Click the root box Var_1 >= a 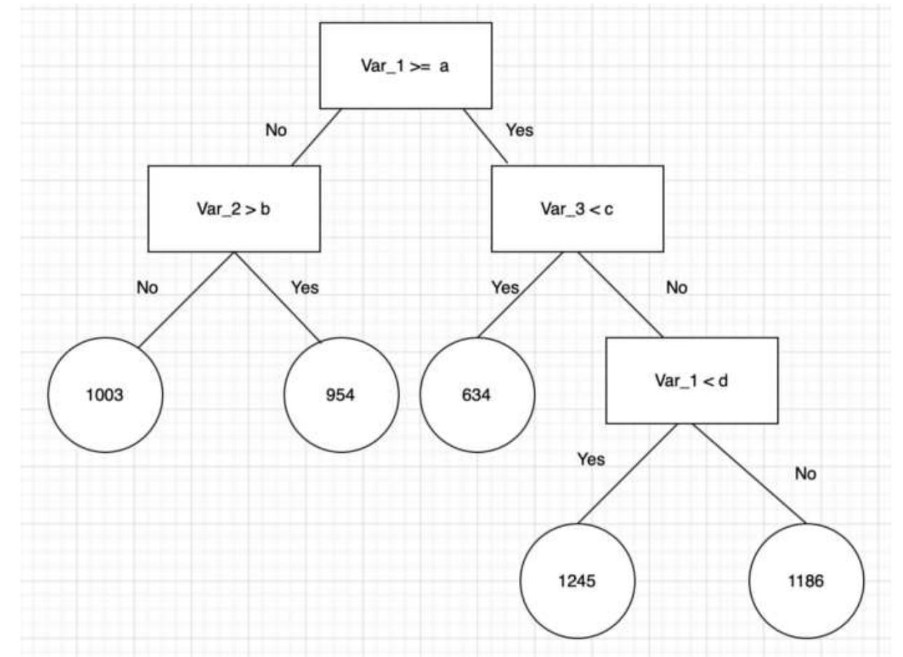pyautogui.click(x=406, y=66)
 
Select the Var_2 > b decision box pyautogui.click(x=234, y=209)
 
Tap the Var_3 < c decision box pyautogui.click(x=577, y=209)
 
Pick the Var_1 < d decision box pyautogui.click(x=691, y=381)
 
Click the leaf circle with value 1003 pyautogui.click(x=105, y=395)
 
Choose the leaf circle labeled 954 pyautogui.click(x=341, y=395)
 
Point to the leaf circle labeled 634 pyautogui.click(x=477, y=395)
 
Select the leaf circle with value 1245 pyautogui.click(x=577, y=581)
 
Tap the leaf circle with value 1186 pyautogui.click(x=806, y=581)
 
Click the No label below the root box pyautogui.click(x=276, y=130)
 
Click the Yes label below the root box pyautogui.click(x=520, y=130)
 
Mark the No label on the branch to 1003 pyautogui.click(x=148, y=287)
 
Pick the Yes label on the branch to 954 pyautogui.click(x=305, y=287)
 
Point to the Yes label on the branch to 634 pyautogui.click(x=505, y=287)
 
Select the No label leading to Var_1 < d pyautogui.click(x=676, y=287)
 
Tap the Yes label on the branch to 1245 pyautogui.click(x=591, y=459)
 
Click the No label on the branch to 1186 pyautogui.click(x=805, y=474)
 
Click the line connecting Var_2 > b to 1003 pyautogui.click(x=186, y=299)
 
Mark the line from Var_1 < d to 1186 pyautogui.click(x=748, y=473)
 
